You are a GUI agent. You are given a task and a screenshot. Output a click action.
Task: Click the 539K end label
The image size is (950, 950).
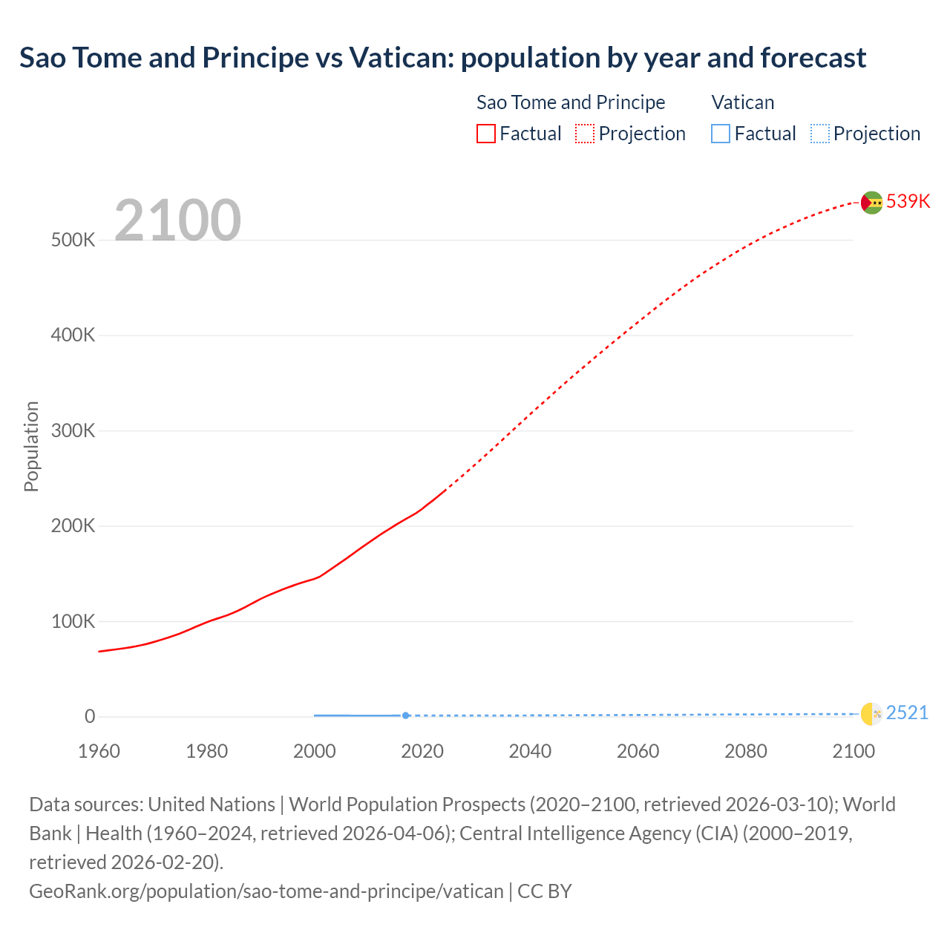(908, 202)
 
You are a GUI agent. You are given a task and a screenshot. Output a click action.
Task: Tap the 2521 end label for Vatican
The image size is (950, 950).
(907, 713)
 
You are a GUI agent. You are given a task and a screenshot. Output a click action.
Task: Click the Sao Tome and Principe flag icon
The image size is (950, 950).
(871, 202)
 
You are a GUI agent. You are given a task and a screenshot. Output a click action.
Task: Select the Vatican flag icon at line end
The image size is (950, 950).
(871, 714)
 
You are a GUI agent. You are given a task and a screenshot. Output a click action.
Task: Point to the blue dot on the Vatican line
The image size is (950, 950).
(405, 715)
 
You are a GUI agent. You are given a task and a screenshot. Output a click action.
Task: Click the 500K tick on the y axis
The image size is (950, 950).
(73, 240)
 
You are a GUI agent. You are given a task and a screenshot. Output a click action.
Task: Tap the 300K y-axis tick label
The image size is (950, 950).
(73, 431)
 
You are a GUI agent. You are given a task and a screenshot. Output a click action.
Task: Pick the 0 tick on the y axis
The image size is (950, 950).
(90, 717)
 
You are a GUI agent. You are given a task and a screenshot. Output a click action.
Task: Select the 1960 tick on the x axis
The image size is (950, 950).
(99, 751)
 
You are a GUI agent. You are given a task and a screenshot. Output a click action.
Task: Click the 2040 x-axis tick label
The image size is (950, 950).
(530, 751)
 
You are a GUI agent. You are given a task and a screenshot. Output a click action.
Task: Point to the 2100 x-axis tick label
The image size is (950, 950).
(854, 751)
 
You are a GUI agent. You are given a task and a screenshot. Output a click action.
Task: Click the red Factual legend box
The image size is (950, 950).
(485, 134)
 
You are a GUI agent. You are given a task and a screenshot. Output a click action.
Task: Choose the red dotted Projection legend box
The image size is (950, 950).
(585, 134)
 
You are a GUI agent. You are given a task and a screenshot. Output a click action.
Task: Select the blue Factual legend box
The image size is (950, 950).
(720, 134)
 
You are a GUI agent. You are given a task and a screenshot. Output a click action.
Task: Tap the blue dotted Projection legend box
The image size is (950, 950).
(819, 134)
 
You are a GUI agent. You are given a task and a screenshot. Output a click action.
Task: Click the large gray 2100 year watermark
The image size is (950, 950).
(177, 220)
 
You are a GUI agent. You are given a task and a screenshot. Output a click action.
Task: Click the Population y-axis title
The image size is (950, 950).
(31, 446)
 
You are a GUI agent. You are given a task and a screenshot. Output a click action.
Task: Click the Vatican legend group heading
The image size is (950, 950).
(742, 102)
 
